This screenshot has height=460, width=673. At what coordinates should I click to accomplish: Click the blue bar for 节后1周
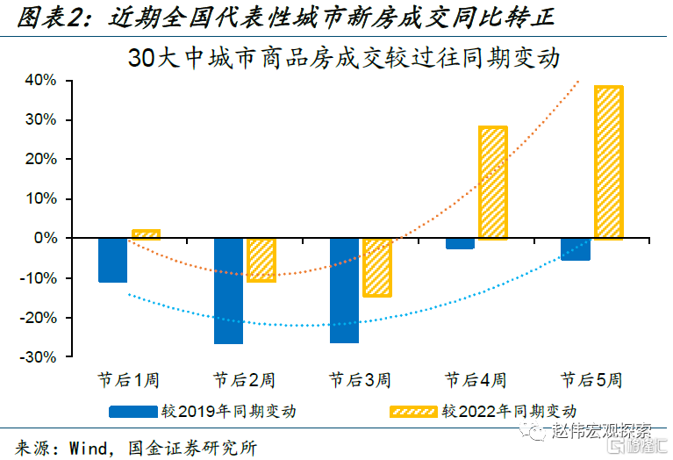click(x=112, y=260)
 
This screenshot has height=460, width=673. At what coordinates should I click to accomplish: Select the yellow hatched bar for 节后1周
click(x=146, y=234)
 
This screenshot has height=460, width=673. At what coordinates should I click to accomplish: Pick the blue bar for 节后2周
click(x=228, y=291)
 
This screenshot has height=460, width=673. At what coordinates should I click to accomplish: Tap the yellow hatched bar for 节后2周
click(x=261, y=260)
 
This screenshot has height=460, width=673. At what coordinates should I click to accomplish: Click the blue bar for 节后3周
click(x=344, y=291)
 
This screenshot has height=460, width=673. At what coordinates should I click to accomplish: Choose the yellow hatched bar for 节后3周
click(x=377, y=267)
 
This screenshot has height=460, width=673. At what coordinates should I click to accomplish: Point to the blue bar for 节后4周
click(x=460, y=243)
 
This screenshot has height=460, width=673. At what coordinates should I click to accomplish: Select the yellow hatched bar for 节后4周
click(x=493, y=183)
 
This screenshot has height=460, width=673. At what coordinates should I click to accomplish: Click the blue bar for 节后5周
click(x=576, y=249)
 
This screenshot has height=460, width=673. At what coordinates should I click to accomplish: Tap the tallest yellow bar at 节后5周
click(x=608, y=162)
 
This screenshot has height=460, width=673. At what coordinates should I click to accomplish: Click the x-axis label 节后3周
click(x=360, y=381)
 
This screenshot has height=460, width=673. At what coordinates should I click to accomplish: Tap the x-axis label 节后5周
click(x=591, y=381)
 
